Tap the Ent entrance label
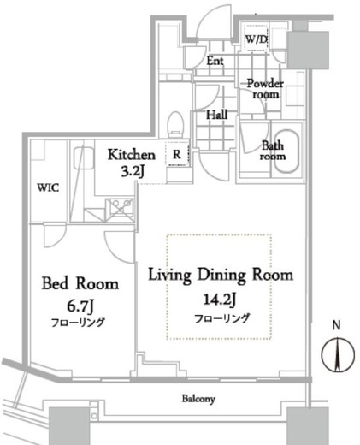tap(215, 61)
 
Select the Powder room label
tap(263, 89)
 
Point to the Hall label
tap(216, 115)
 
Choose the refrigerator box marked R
tap(176, 155)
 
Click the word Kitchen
tap(131, 155)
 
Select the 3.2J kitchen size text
tap(131, 171)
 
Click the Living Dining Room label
tap(221, 276)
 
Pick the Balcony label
tap(198, 399)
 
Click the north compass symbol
tap(339, 354)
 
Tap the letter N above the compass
tap(339, 326)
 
